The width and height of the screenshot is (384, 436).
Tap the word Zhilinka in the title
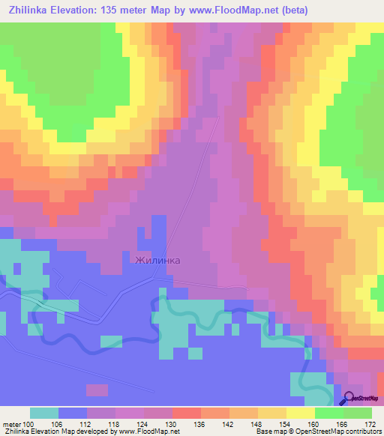click(28, 10)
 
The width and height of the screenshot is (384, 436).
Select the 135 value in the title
click(122, 10)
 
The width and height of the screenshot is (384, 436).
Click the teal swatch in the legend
click(44, 413)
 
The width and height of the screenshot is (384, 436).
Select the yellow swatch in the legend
click(300, 413)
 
